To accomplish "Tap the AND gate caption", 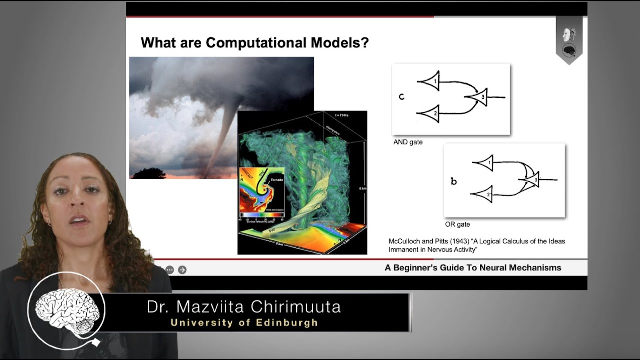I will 408,142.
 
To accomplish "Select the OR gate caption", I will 457,225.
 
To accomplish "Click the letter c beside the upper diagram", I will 401,96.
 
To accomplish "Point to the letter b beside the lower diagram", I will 454,181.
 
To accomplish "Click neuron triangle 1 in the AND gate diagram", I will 431,81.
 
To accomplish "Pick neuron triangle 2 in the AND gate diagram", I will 431,114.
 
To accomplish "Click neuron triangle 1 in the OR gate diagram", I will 485,163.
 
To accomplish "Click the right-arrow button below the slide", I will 182,270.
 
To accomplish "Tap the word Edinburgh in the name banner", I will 287,323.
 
